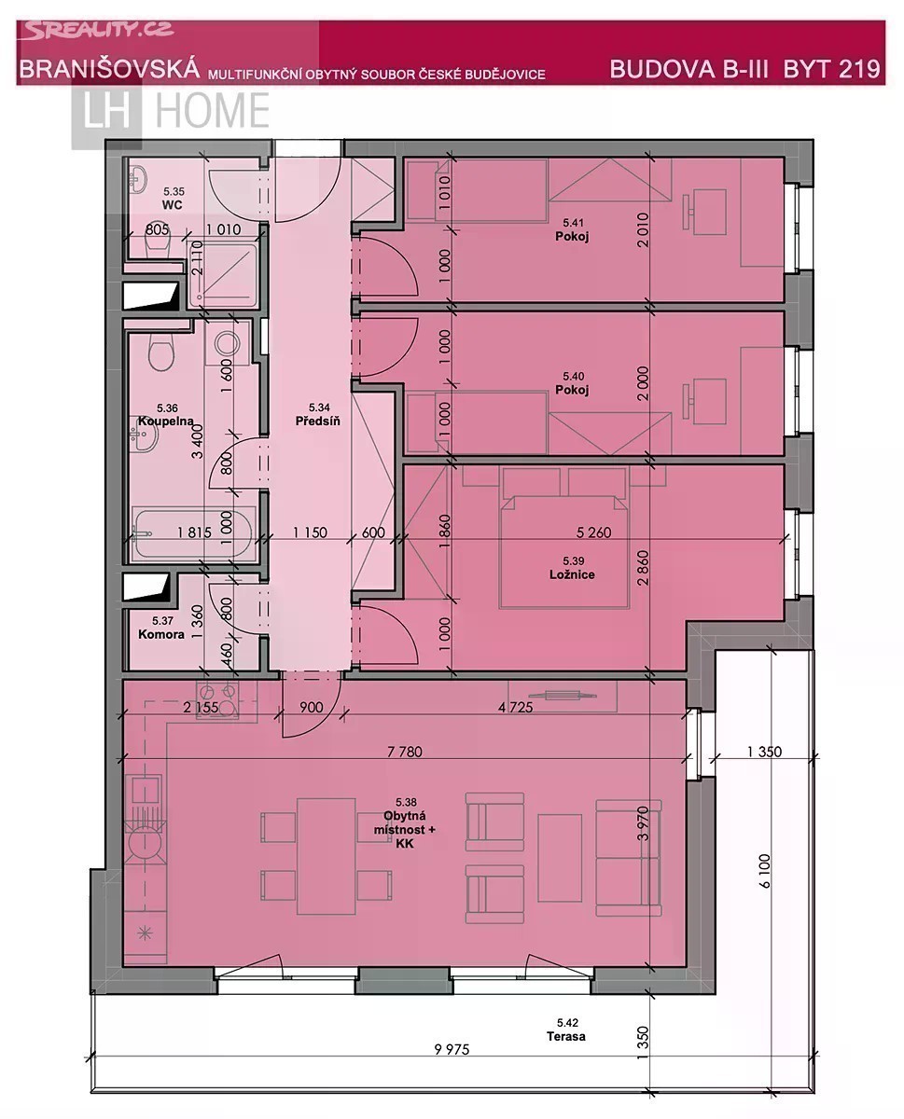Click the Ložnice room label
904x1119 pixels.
pos(572,574)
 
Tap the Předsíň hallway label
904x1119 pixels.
pos(317,421)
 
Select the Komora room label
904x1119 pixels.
pos(161,634)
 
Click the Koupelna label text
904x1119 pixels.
pos(165,421)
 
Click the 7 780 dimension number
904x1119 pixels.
pos(404,752)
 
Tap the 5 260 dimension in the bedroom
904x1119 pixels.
pos(594,532)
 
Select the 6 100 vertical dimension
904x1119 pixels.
pos(765,871)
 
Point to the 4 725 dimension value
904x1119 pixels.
pos(515,707)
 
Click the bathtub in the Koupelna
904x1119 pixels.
pos(193,532)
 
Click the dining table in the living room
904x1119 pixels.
pos(327,856)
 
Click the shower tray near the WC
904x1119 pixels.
pos(223,274)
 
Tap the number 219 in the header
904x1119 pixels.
pos(859,69)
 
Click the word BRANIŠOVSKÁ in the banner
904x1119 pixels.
pos(109,69)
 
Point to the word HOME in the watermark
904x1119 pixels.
pos(213,110)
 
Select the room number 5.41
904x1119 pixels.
pos(573,223)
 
